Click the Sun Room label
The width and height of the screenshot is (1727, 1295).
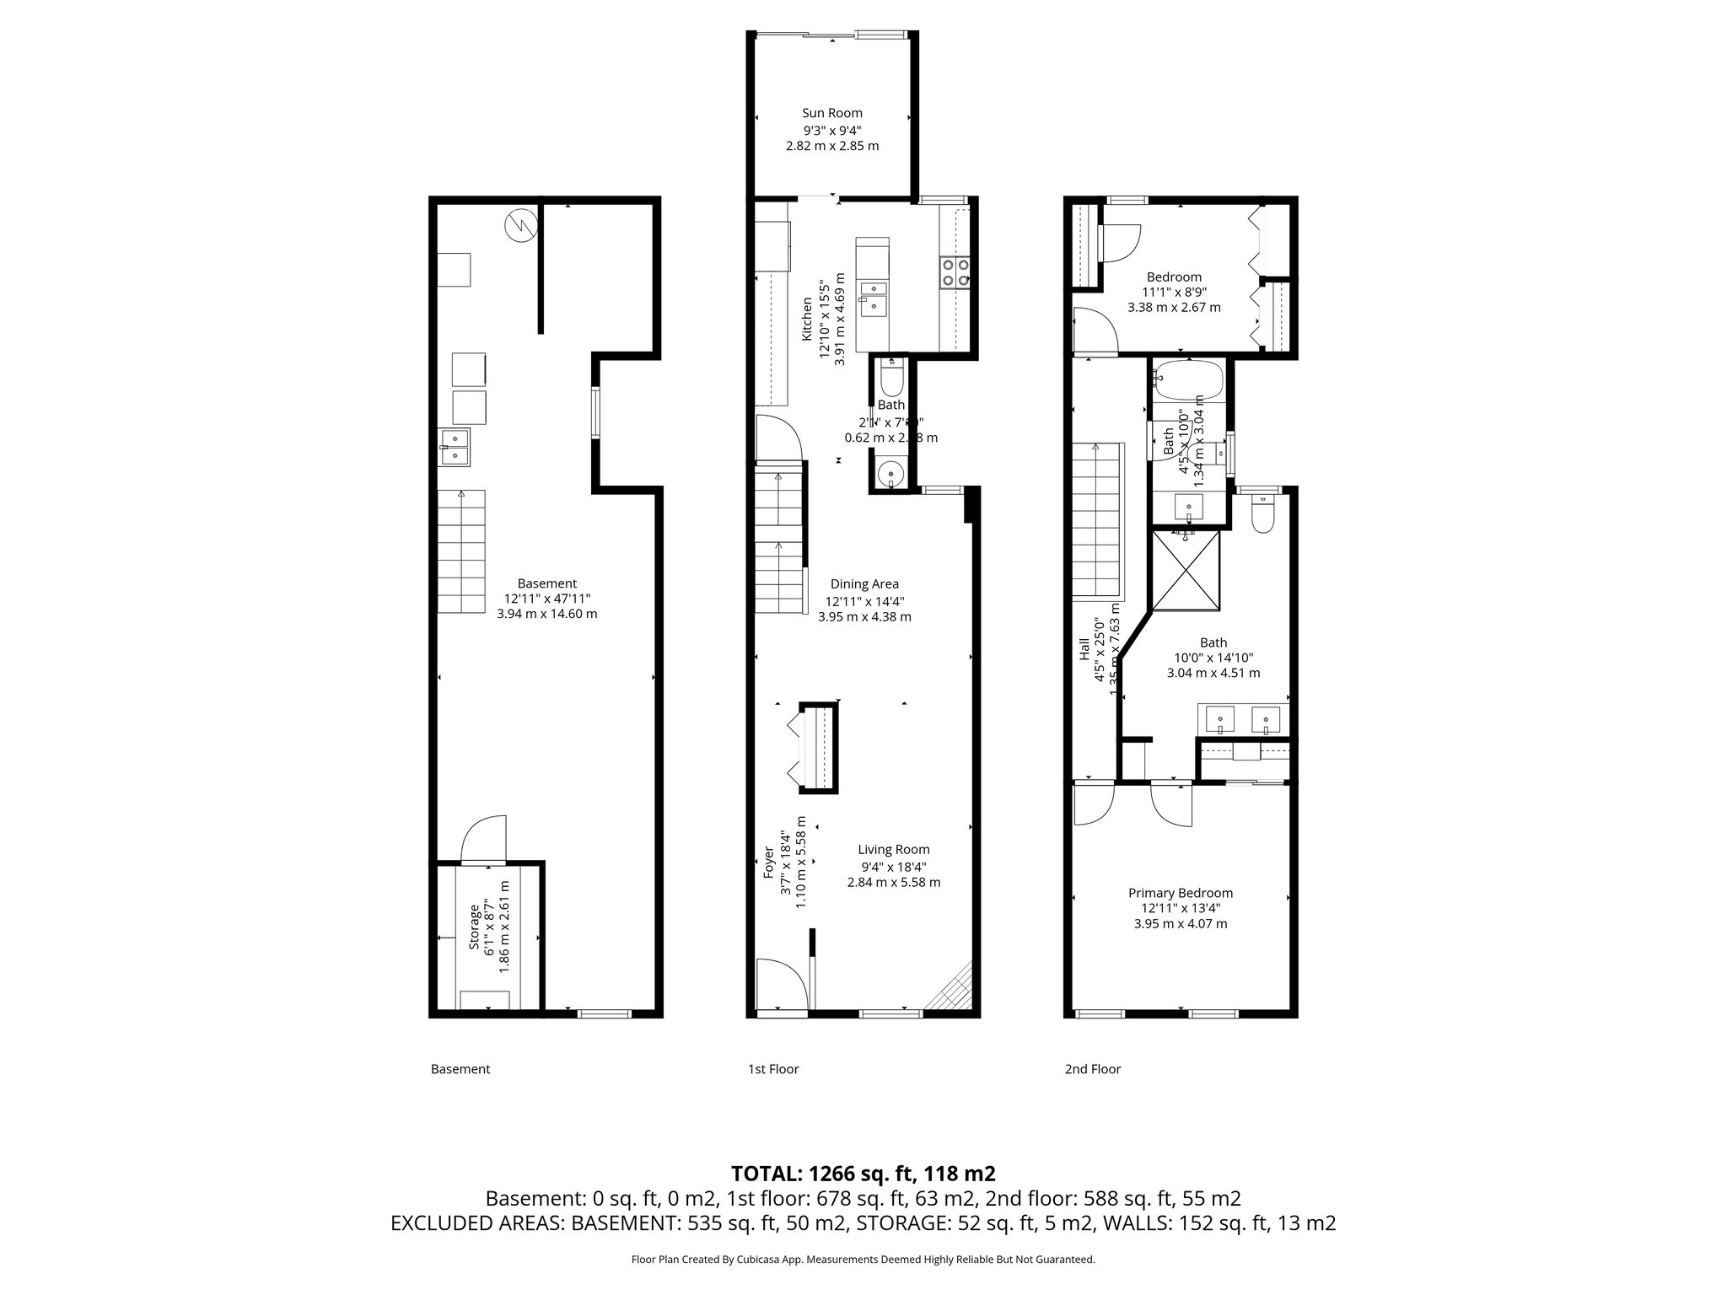(x=831, y=113)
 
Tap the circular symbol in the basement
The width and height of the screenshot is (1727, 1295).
(x=520, y=226)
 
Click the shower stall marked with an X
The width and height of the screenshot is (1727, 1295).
(x=1186, y=570)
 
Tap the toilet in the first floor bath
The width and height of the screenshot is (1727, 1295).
(x=890, y=379)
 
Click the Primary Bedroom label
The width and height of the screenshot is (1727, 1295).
(x=1180, y=893)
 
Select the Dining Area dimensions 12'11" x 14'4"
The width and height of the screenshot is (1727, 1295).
(x=864, y=601)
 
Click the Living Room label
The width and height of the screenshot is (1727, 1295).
(x=893, y=850)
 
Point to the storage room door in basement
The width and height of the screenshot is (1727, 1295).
(x=483, y=841)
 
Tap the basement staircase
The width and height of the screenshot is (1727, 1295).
(x=461, y=551)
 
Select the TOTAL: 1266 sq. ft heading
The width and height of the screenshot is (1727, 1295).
(x=863, y=1174)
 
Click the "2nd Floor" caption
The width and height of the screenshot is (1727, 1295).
(x=1092, y=1069)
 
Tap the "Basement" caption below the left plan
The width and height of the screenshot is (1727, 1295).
(x=460, y=1069)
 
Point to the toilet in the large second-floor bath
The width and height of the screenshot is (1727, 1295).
(x=1262, y=515)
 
